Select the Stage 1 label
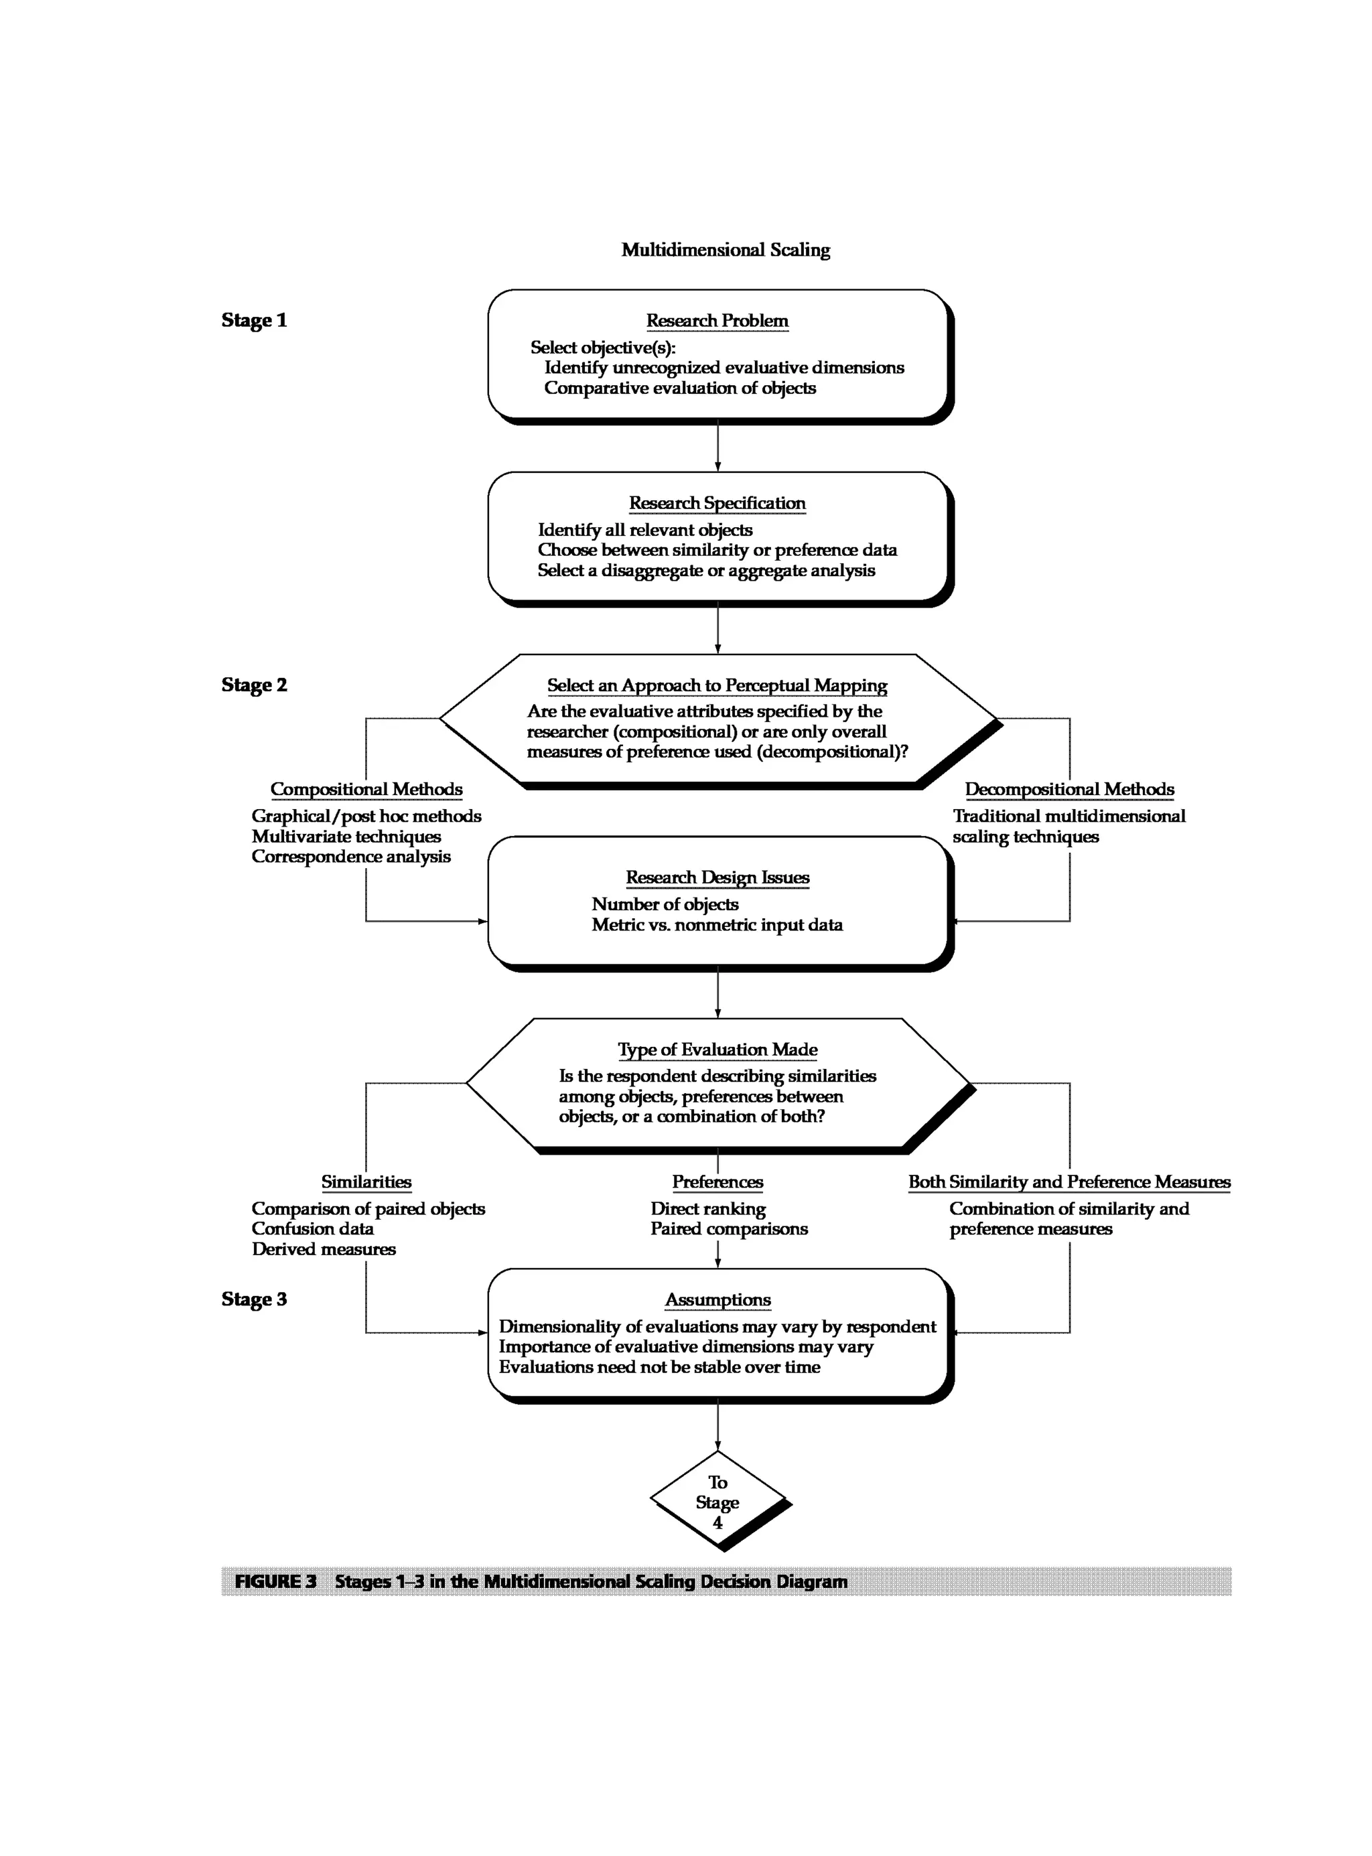click(x=254, y=321)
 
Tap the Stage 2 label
click(x=254, y=685)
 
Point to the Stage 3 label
click(x=254, y=1299)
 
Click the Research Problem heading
click(x=717, y=321)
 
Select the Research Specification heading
click(x=717, y=503)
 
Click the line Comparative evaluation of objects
click(x=679, y=388)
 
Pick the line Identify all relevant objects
click(x=644, y=530)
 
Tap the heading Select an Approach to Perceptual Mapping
click(x=717, y=685)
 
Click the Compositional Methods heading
click(x=366, y=789)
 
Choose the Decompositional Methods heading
click(x=1069, y=789)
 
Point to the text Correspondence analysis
click(x=350, y=856)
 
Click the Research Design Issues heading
click(x=717, y=877)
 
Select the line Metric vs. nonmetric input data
click(x=717, y=924)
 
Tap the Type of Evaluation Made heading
click(x=717, y=1050)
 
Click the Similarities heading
click(x=366, y=1182)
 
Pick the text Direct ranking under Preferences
click(x=707, y=1208)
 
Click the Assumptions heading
click(x=717, y=1299)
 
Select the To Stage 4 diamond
click(x=717, y=1502)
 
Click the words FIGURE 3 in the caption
click(x=276, y=1581)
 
